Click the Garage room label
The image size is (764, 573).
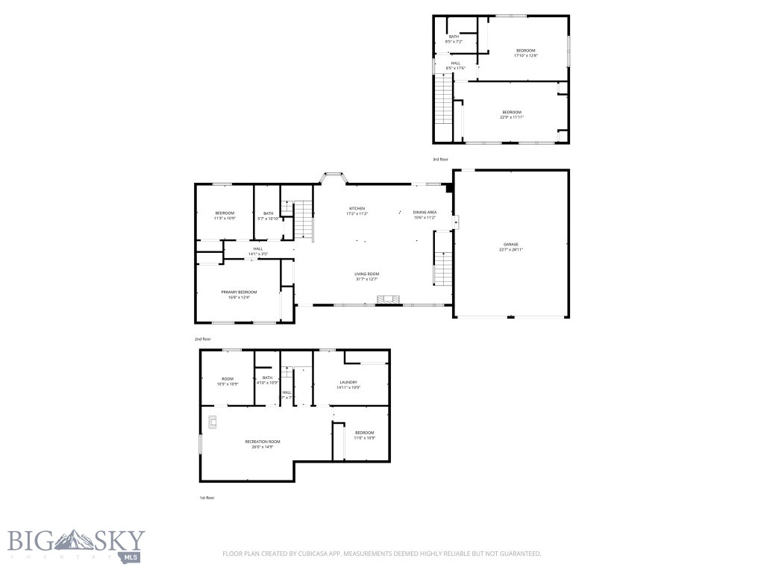[x=510, y=247]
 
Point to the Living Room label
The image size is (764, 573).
[x=366, y=276]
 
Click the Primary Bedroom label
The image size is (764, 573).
[x=239, y=294]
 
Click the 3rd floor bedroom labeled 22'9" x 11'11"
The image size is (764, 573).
[x=511, y=114]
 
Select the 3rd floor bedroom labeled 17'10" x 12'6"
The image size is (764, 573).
[x=525, y=52]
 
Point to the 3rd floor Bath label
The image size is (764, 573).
[x=454, y=39]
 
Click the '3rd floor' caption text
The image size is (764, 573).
[x=441, y=159]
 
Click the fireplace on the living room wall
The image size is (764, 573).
[x=387, y=300]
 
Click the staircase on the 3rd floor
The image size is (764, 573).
[x=444, y=104]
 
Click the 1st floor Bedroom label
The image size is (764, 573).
[x=364, y=435]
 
